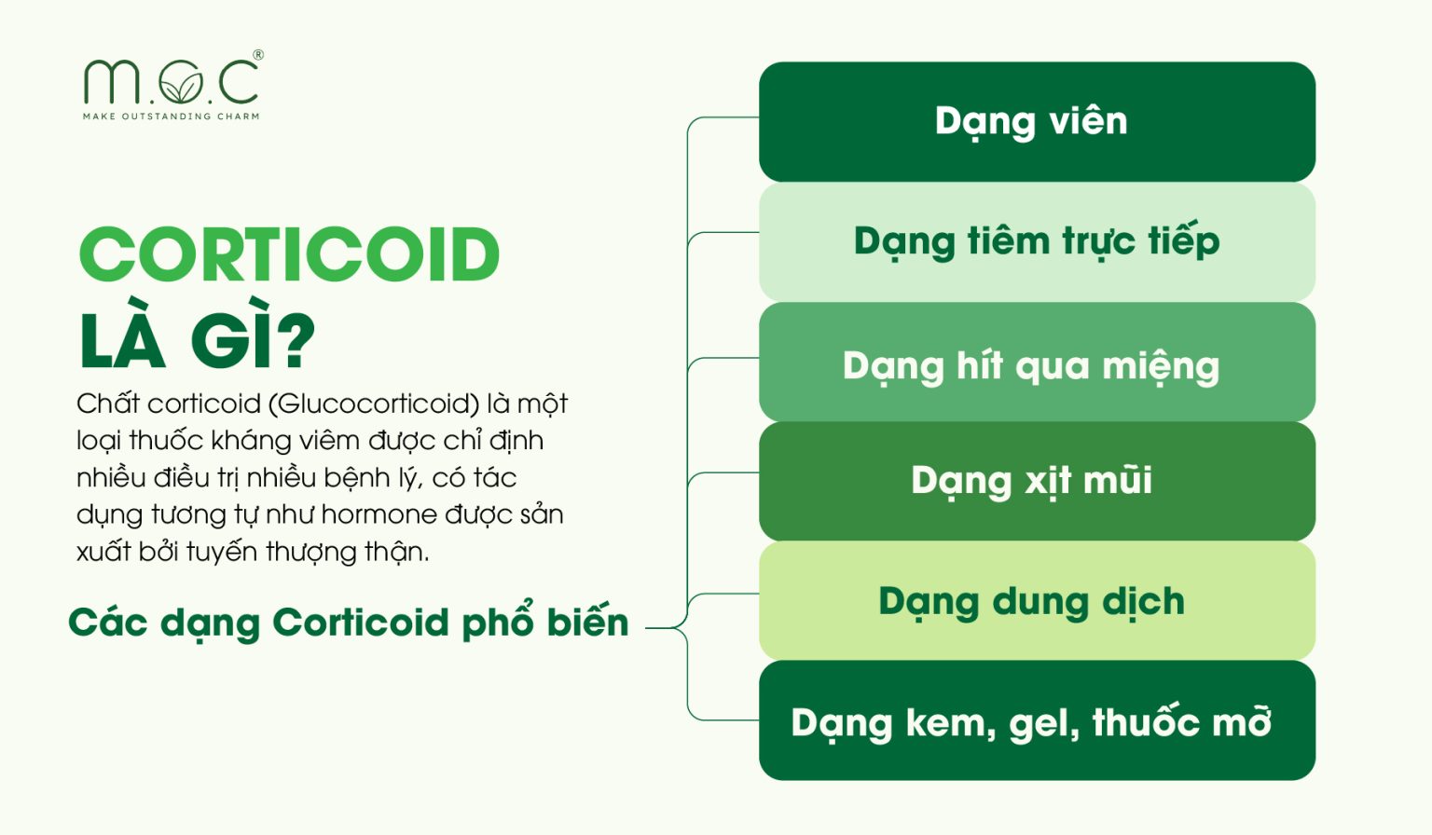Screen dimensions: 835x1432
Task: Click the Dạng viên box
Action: click(x=1037, y=121)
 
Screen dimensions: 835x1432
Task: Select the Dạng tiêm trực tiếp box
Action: click(x=1037, y=241)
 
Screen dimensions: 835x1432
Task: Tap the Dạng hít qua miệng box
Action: click(x=1037, y=363)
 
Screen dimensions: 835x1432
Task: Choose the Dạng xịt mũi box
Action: click(x=1037, y=481)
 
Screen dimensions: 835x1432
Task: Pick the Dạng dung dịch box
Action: click(x=1037, y=601)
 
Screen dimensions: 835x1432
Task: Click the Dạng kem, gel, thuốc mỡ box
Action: click(x=1037, y=720)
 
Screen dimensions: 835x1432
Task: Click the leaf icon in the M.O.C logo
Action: click(x=180, y=86)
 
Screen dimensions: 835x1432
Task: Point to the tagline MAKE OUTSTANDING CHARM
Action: click(x=172, y=116)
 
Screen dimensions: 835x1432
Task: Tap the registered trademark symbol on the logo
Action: click(x=258, y=56)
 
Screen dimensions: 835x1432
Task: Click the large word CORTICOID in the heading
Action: click(x=289, y=254)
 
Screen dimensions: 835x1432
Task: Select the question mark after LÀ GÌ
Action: click(x=296, y=340)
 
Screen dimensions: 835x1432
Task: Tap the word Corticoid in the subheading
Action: click(x=360, y=623)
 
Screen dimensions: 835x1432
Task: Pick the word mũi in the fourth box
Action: click(x=1118, y=481)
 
